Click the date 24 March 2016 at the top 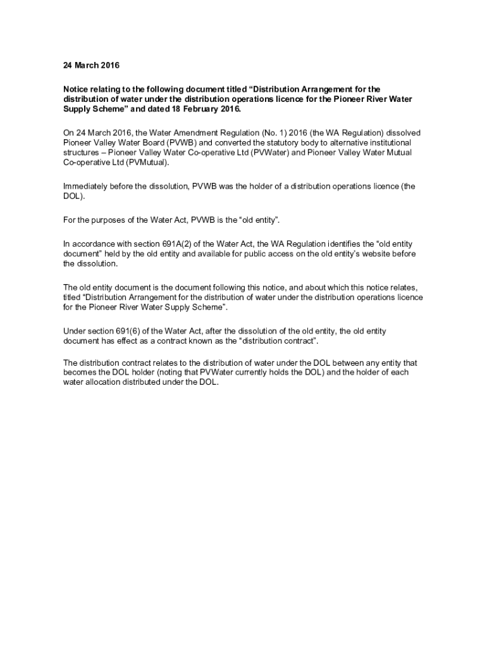(x=91, y=65)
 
